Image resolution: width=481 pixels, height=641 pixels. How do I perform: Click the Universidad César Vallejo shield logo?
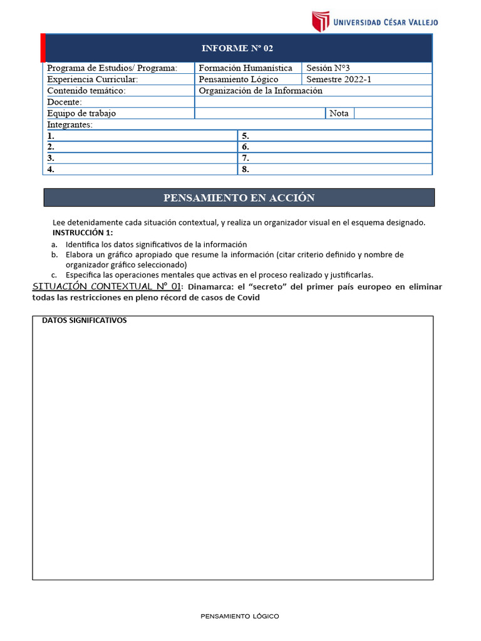pyautogui.click(x=321, y=21)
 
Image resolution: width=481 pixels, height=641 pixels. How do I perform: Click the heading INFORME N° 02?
pyautogui.click(x=237, y=48)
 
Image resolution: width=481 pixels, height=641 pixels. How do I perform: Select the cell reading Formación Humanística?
pyautogui.click(x=246, y=68)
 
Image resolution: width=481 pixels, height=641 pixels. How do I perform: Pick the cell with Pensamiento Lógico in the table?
pyautogui.click(x=239, y=79)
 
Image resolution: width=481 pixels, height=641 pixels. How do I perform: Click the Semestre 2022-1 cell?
pyautogui.click(x=339, y=79)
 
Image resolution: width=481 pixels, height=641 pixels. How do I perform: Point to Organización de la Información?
pyautogui.click(x=261, y=91)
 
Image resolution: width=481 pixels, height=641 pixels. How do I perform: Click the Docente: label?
pyautogui.click(x=65, y=102)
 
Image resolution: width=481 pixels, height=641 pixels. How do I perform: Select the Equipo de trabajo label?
pyautogui.click(x=81, y=113)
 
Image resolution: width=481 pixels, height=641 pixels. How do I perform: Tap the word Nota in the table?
pyautogui.click(x=339, y=113)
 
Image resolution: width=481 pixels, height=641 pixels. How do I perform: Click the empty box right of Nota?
pyautogui.click(x=393, y=113)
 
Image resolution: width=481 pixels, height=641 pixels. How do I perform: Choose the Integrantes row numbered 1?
pyautogui.click(x=141, y=136)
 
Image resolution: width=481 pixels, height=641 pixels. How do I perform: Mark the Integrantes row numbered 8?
pyautogui.click(x=335, y=170)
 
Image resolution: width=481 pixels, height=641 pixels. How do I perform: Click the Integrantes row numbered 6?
pyautogui.click(x=335, y=147)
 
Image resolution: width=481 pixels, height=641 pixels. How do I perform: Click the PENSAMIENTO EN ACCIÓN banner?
pyautogui.click(x=239, y=198)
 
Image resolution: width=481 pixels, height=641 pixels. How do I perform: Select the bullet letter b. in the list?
pyautogui.click(x=54, y=255)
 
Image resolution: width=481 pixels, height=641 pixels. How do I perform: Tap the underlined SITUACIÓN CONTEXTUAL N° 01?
pyautogui.click(x=106, y=287)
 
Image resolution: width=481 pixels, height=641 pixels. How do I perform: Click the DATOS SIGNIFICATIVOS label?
pyautogui.click(x=84, y=320)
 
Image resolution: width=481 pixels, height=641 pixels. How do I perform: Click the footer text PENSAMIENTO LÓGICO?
pyautogui.click(x=240, y=616)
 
